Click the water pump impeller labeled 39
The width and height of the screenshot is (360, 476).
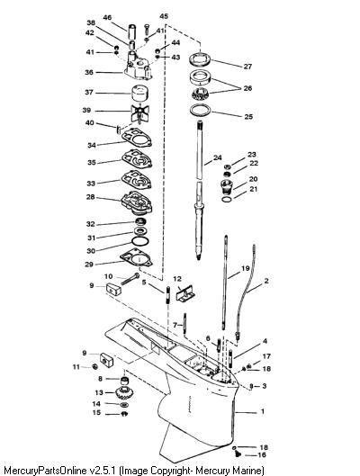pos(140,113)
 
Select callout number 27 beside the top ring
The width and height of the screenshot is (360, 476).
pos(248,67)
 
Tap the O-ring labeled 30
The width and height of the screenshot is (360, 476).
pos(140,241)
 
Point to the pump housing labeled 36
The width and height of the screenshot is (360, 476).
pos(138,67)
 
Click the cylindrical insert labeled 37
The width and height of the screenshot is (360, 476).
pos(139,94)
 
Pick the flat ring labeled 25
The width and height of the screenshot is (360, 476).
pos(200,110)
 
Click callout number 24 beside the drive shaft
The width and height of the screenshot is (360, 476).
pos(218,157)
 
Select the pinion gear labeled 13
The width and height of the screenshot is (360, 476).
pos(123,393)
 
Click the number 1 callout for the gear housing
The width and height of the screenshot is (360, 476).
pos(263,411)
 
